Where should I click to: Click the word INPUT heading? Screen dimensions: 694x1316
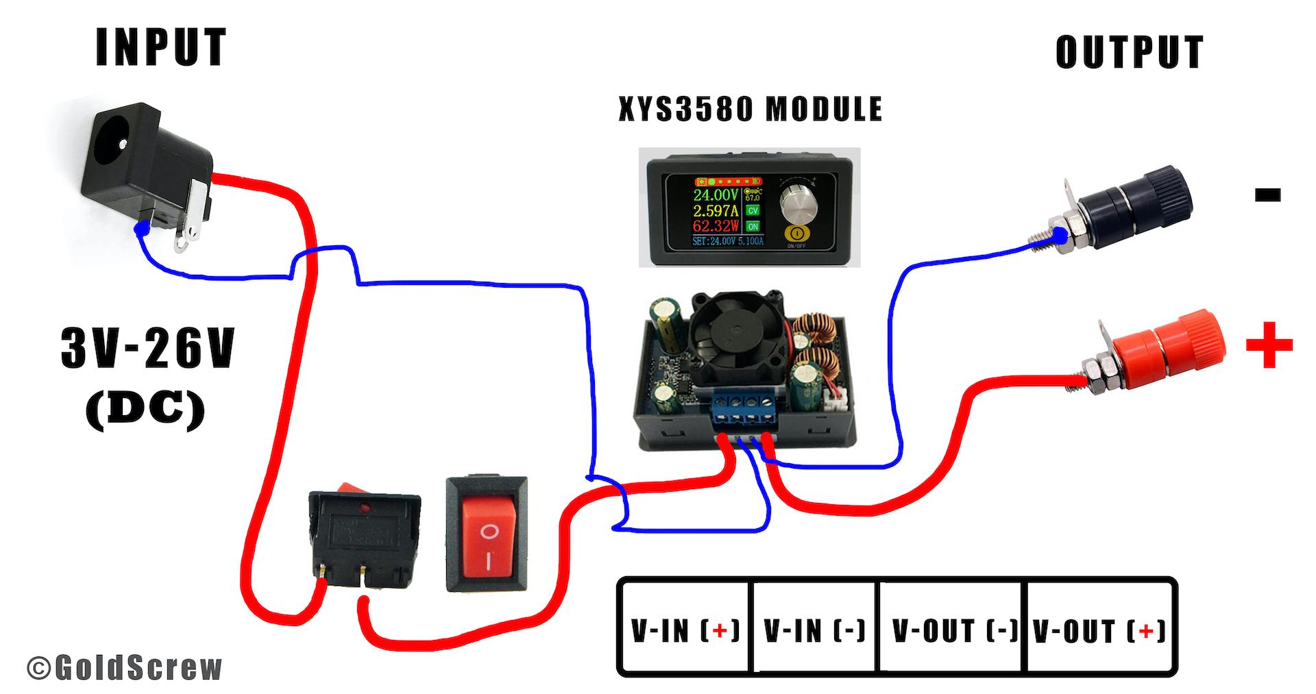click(161, 48)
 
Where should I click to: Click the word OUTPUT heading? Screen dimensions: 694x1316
click(1130, 53)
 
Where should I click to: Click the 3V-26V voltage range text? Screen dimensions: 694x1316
click(148, 349)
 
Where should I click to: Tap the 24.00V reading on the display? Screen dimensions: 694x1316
click(716, 194)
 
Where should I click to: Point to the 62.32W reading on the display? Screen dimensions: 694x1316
click(716, 226)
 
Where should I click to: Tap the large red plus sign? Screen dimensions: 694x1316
click(1269, 345)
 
